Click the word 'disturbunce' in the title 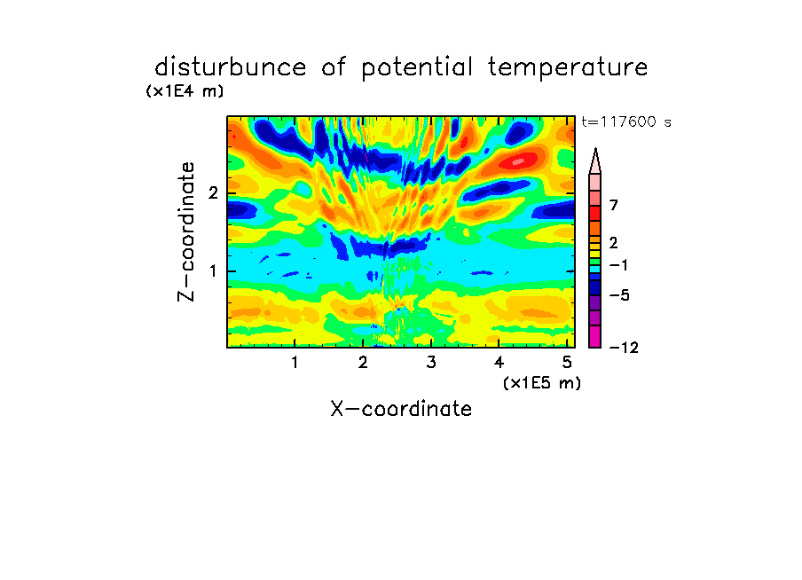pyautogui.click(x=230, y=67)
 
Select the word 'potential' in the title pyautogui.click(x=417, y=68)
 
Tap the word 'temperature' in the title pyautogui.click(x=568, y=68)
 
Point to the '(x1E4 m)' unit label pyautogui.click(x=185, y=91)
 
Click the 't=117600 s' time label pyautogui.click(x=626, y=121)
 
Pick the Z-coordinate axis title pyautogui.click(x=186, y=231)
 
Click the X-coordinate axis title pyautogui.click(x=401, y=409)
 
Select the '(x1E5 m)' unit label pyautogui.click(x=542, y=383)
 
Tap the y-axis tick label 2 pyautogui.click(x=213, y=193)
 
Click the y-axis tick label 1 pyautogui.click(x=213, y=271)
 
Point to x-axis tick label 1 pyautogui.click(x=295, y=363)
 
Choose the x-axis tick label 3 pyautogui.click(x=431, y=363)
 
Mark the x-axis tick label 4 pyautogui.click(x=499, y=363)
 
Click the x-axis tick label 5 pyautogui.click(x=567, y=363)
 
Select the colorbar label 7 pyautogui.click(x=614, y=206)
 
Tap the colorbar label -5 pyautogui.click(x=619, y=295)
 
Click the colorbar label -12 pyautogui.click(x=624, y=348)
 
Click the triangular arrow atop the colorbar pyautogui.click(x=595, y=161)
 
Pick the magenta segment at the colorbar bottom pyautogui.click(x=595, y=336)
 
